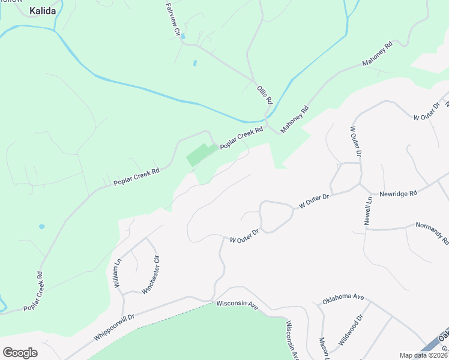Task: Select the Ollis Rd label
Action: coord(265,95)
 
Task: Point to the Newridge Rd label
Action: coord(397,194)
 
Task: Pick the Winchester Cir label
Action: coord(151,275)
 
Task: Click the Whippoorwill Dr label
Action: coord(115,326)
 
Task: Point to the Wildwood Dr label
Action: coord(351,329)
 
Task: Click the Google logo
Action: coord(20,352)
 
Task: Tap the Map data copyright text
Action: coord(423,355)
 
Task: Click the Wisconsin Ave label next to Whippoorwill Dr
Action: coord(237,305)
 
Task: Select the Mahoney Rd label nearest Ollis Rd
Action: coord(295,118)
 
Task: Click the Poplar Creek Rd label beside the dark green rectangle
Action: coord(242,138)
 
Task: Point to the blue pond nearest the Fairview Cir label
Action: coord(184,37)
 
